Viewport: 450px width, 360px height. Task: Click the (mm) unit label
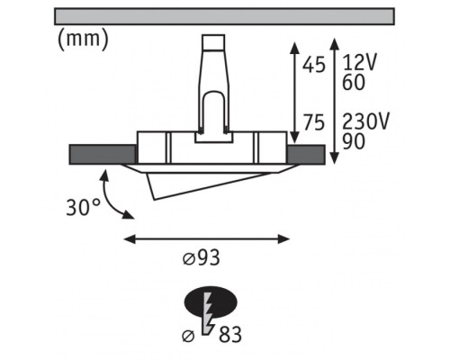83,40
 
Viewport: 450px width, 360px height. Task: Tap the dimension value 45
314,65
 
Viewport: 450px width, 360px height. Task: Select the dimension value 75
314,122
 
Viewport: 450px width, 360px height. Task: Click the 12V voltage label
359,62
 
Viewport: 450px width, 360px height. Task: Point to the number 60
354,82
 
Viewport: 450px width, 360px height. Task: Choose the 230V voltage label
365,121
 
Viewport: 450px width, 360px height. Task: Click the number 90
354,141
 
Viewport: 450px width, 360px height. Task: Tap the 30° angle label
83,207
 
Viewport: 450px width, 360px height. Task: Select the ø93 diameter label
202,257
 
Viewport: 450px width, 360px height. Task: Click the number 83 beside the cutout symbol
230,334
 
